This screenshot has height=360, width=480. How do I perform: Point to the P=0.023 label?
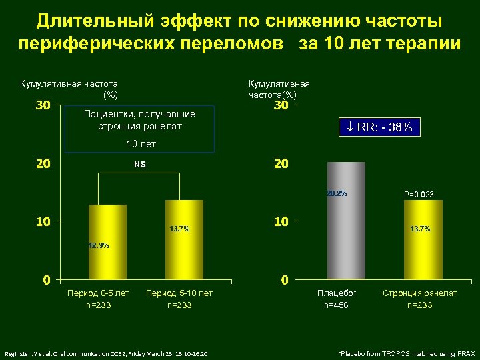(x=419, y=195)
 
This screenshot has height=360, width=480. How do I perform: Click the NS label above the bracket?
(x=139, y=164)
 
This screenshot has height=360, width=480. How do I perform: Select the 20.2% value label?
(x=337, y=194)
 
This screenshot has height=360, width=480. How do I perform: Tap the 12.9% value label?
(x=99, y=245)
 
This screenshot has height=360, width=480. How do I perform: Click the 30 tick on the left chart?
(x=43, y=106)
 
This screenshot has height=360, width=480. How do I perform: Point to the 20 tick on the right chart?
(x=281, y=163)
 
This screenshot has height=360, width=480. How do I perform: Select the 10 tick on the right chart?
(x=281, y=221)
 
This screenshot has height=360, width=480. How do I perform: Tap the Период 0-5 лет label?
(x=99, y=293)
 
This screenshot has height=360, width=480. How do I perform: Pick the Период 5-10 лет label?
(x=179, y=293)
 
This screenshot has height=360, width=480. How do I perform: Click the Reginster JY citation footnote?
(x=106, y=353)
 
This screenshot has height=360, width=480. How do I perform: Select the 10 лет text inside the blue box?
(x=139, y=144)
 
